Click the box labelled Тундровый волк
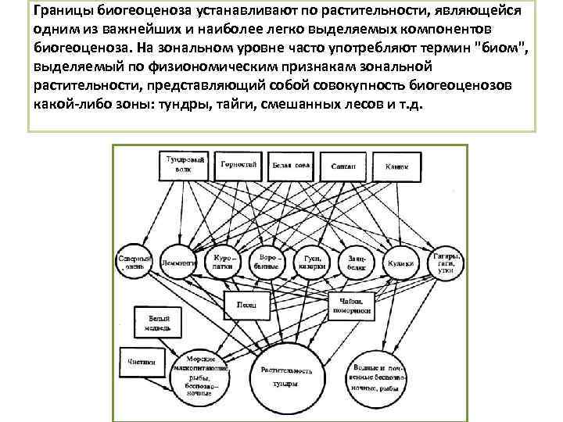pos(187,166)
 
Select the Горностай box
pos(238,166)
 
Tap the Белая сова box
pos(289,166)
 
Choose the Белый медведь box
pos(153,321)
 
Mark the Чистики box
pos(142,361)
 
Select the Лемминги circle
pos(179,263)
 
